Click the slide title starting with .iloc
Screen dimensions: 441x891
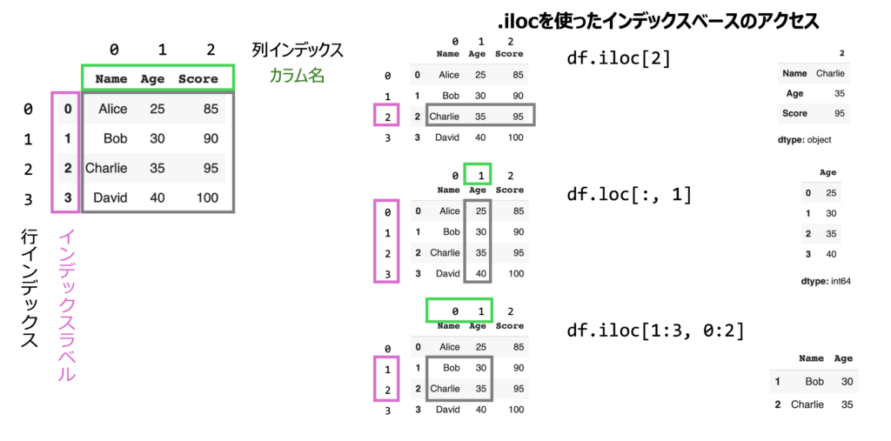tap(659, 19)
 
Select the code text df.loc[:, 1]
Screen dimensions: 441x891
tap(628, 195)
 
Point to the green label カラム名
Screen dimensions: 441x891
tap(296, 76)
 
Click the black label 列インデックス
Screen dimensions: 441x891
tap(297, 50)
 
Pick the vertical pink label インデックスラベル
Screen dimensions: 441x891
tap(67, 305)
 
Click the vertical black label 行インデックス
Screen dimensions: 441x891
tap(30, 288)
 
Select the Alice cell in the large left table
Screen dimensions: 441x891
tap(112, 109)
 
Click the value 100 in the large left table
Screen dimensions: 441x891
tap(207, 197)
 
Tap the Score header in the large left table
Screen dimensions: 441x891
tap(198, 79)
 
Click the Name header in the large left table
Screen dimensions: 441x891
tap(111, 79)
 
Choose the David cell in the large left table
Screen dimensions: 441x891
tap(111, 197)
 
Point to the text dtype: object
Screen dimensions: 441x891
tap(806, 139)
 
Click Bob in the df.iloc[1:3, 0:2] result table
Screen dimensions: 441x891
tap(814, 381)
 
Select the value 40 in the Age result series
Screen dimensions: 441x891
tap(831, 254)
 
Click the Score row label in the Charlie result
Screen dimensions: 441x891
tap(794, 113)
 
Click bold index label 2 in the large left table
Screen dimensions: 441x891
tap(68, 168)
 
